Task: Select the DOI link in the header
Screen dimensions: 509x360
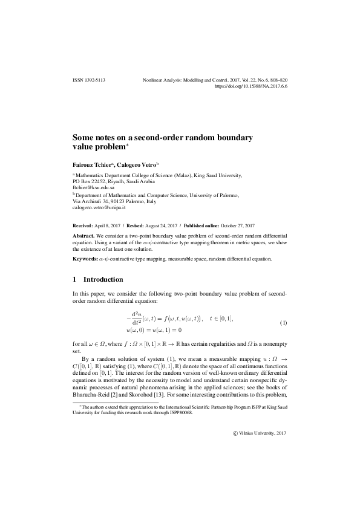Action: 250,86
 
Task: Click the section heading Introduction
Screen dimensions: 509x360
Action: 103,280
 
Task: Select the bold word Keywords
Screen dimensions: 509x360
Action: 85,259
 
